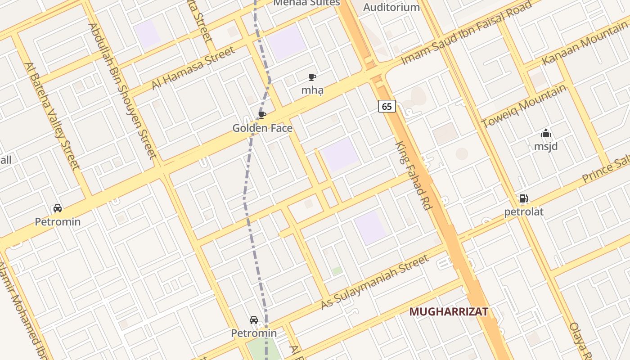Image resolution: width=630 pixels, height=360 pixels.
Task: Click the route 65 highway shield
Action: [x=387, y=106]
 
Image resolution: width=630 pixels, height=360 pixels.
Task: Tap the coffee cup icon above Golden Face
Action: [x=262, y=115]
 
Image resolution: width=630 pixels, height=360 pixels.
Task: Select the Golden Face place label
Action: [x=262, y=128]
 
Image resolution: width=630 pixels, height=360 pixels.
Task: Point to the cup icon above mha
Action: [x=312, y=77]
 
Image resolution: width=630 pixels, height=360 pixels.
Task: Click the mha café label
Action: [x=312, y=90]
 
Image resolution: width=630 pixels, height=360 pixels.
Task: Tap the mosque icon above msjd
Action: [x=546, y=133]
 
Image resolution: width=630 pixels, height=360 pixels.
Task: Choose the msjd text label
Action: [x=546, y=146]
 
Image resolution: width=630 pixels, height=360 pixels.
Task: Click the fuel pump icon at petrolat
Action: [x=523, y=198]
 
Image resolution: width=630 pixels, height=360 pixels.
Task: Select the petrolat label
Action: [x=524, y=211]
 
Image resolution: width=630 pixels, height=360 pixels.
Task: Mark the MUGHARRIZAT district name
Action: [x=449, y=312]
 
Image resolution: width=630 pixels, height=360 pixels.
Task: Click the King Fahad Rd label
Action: [x=414, y=175]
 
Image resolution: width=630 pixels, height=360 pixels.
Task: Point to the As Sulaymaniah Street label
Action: [x=375, y=282]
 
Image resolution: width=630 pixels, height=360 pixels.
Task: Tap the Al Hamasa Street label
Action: [x=193, y=68]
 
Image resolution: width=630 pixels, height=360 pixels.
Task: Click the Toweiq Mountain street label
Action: [x=523, y=106]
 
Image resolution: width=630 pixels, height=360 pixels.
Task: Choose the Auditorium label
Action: [x=391, y=7]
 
